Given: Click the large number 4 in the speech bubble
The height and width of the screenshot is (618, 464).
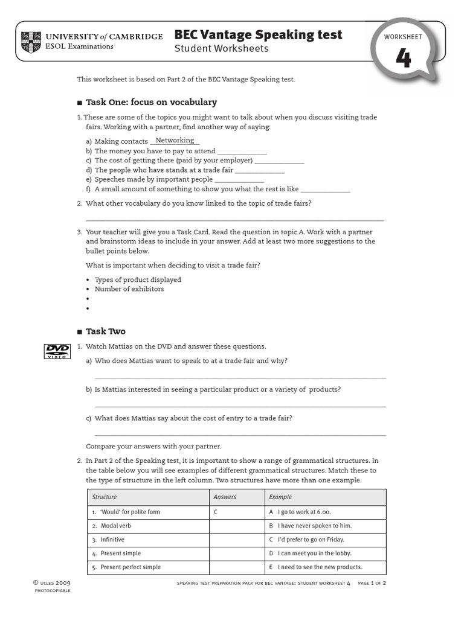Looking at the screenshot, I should click(403, 59).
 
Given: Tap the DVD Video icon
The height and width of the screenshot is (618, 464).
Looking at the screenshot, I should click(57, 351).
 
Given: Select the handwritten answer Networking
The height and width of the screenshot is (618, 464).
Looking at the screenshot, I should click(175, 141).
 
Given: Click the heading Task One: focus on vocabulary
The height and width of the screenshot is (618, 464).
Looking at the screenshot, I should click(151, 102).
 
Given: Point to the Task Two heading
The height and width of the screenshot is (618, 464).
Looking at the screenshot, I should click(106, 331).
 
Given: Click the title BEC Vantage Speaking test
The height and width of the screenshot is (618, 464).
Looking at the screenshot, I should click(258, 35).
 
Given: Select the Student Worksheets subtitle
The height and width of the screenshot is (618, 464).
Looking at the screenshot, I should click(221, 49).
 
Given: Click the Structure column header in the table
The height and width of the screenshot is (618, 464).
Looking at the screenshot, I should click(105, 497).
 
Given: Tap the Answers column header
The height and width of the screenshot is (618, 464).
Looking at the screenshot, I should click(225, 497).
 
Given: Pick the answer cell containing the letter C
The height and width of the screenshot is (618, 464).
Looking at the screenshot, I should click(215, 512).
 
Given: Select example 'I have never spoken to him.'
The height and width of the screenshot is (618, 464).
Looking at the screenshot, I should click(311, 526).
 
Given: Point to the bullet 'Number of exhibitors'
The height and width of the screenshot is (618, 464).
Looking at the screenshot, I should click(129, 289).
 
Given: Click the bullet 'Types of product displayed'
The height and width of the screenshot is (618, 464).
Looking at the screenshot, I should click(138, 279).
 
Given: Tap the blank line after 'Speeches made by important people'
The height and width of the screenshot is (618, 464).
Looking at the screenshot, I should click(239, 180).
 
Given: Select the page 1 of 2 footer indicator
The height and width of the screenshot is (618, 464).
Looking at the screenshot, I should click(372, 584).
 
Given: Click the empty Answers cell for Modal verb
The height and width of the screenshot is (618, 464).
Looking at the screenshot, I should click(236, 526).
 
